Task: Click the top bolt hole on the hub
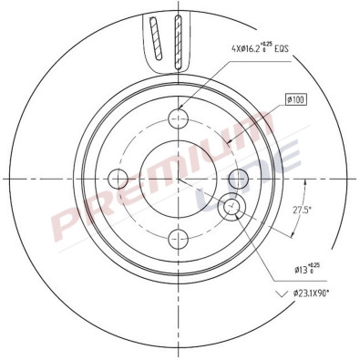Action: click(180, 118)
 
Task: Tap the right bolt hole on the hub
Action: click(239, 178)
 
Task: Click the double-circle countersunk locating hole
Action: click(231, 208)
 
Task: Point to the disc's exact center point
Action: click(180, 178)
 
